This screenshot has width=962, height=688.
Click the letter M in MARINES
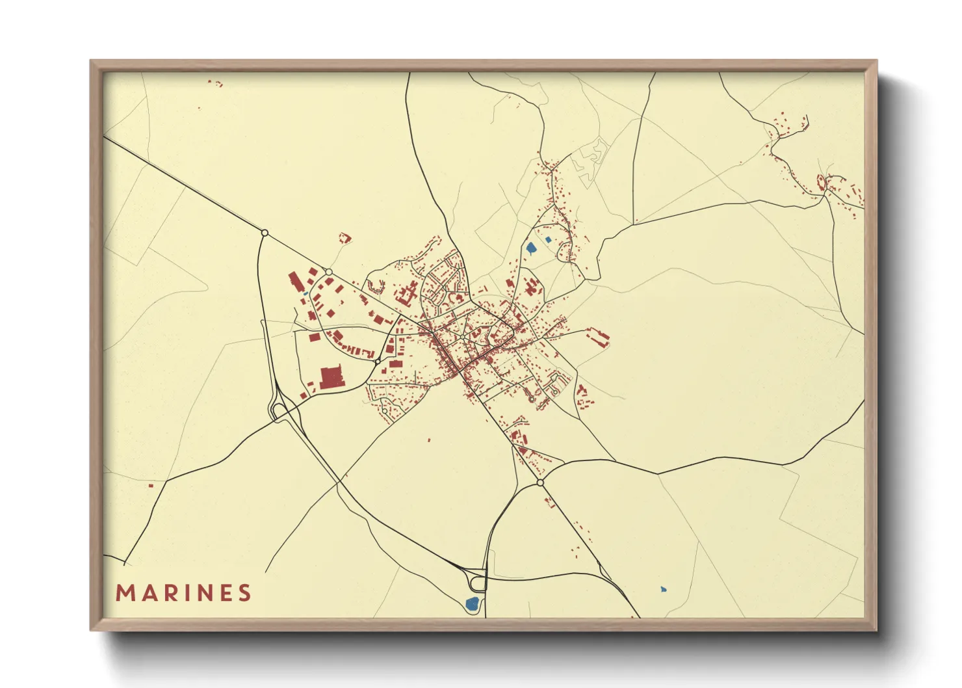pyautogui.click(x=125, y=593)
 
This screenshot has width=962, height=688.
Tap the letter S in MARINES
pyautogui.click(x=244, y=593)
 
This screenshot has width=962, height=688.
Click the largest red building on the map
pyautogui.click(x=331, y=377)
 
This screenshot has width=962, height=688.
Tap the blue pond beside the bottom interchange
pyautogui.click(x=473, y=603)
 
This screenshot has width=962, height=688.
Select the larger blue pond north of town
pyautogui.click(x=531, y=248)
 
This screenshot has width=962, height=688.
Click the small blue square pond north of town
pyautogui.click(x=548, y=240)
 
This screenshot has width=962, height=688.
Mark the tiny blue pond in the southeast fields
pyautogui.click(x=663, y=589)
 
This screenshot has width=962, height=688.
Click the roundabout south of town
pyautogui.click(x=540, y=483)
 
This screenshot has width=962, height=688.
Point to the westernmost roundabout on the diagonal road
pyautogui.click(x=265, y=232)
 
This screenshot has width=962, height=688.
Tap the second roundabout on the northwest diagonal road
pyautogui.click(x=329, y=272)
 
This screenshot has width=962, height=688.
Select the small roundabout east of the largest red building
pyautogui.click(x=378, y=361)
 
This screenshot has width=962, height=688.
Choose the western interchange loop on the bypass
pyautogui.click(x=279, y=410)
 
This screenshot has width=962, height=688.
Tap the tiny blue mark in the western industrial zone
pyautogui.click(x=305, y=294)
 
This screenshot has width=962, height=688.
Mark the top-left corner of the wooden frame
pyautogui.click(x=91, y=60)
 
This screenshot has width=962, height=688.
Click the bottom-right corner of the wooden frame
pyautogui.click(x=876, y=629)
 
